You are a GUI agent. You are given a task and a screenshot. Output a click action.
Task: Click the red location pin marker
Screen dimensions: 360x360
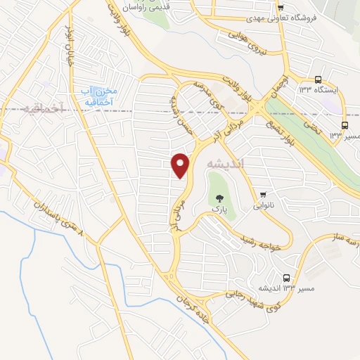coord(181,165)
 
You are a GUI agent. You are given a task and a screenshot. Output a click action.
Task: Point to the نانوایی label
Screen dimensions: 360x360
coord(265,207)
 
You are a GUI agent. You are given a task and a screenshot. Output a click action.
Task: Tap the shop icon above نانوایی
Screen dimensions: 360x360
coord(264,195)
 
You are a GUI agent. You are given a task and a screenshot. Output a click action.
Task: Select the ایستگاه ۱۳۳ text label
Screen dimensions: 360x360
coord(319,91)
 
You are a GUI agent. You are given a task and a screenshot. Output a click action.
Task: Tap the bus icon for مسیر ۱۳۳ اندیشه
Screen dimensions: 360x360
coord(286,278)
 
